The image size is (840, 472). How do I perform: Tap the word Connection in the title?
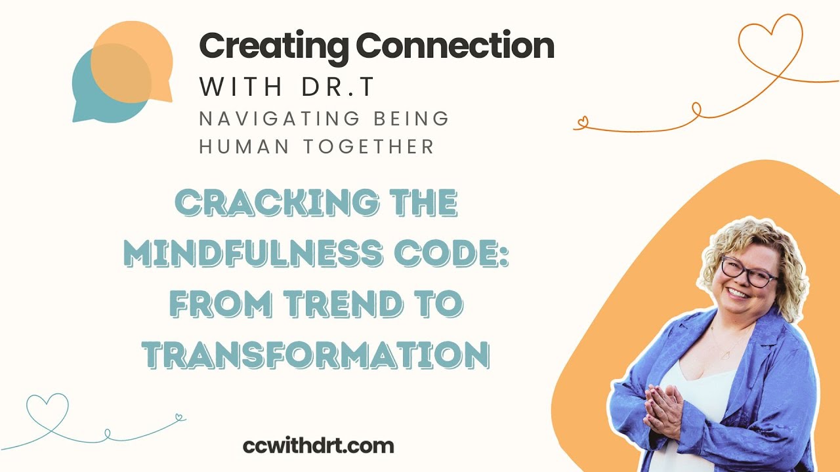click(x=455, y=46)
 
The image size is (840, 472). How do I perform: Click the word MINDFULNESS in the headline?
click(x=257, y=253)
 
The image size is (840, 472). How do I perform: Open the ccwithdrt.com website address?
click(x=318, y=446)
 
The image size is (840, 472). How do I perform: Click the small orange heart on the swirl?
click(x=581, y=121)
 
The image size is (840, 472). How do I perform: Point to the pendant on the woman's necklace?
click(x=724, y=354)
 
